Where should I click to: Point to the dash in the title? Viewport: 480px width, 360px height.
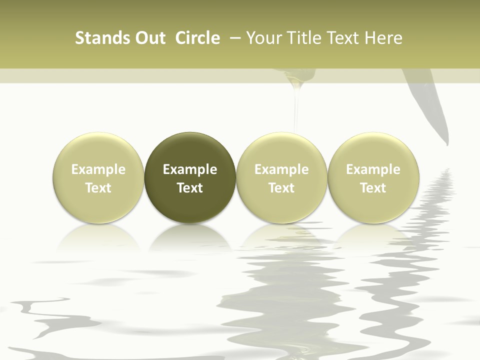pyautogui.click(x=233, y=38)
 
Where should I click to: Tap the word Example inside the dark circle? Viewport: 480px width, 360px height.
pyautogui.click(x=190, y=169)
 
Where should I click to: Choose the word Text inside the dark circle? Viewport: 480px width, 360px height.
pyautogui.click(x=190, y=188)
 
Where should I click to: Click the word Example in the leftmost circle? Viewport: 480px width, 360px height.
pyautogui.click(x=98, y=169)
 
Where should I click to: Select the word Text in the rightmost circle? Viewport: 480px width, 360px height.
pyautogui.click(x=373, y=188)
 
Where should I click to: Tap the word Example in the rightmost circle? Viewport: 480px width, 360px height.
pyautogui.click(x=373, y=169)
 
